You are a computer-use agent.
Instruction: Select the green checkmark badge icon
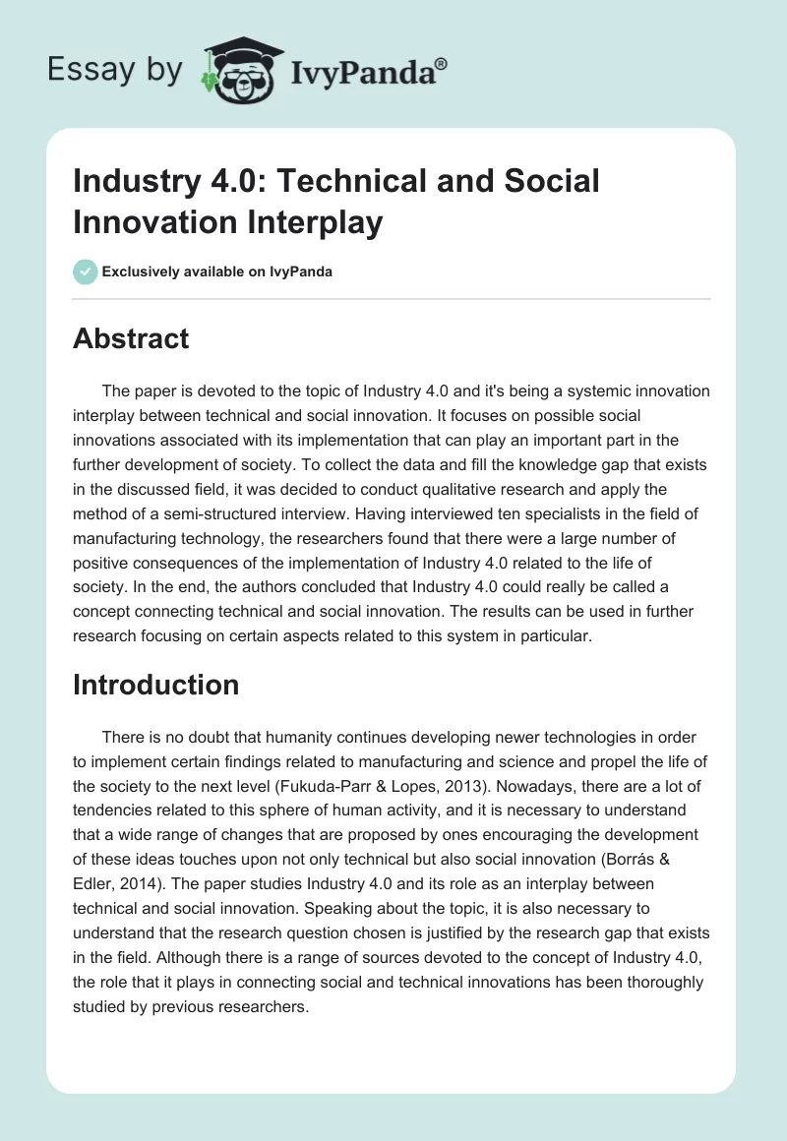86,271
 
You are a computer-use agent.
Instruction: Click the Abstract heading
131,338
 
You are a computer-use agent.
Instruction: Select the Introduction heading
155,685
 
